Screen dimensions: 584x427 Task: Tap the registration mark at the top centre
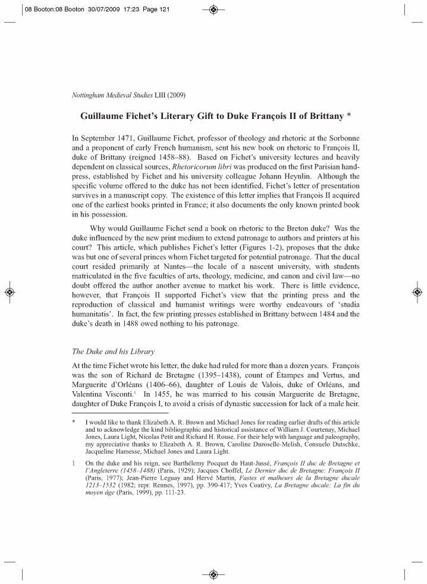(x=213, y=9)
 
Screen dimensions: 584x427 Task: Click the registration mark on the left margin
(x=10, y=292)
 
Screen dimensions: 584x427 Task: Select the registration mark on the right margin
(x=417, y=292)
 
